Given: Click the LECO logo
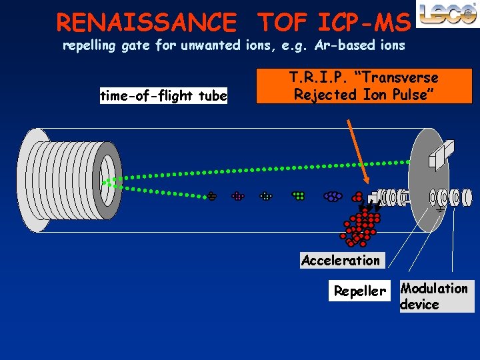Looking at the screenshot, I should (x=446, y=15).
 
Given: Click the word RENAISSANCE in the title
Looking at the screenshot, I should (x=146, y=23).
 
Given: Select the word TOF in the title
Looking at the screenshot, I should (x=281, y=23).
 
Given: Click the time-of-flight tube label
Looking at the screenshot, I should (x=163, y=96).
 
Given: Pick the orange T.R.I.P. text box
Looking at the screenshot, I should (x=363, y=86).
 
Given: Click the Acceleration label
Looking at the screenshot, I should (x=340, y=260).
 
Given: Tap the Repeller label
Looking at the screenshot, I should (x=359, y=291).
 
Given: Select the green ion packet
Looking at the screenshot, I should (x=299, y=196).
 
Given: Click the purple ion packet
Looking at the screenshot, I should (x=332, y=197).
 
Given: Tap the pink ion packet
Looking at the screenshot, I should (x=238, y=197).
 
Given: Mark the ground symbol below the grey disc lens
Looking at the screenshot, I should (x=441, y=210).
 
